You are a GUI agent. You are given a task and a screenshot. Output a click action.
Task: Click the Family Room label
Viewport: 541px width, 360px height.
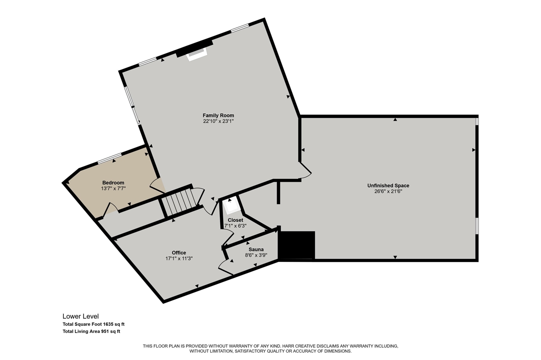point(219,115)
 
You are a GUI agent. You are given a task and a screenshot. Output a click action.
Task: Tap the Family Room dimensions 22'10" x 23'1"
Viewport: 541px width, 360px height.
point(219,121)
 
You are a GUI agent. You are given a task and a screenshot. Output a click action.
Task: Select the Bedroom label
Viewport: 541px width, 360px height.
point(113,183)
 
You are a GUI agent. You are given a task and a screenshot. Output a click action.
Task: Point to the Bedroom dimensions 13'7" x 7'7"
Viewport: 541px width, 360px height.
point(113,188)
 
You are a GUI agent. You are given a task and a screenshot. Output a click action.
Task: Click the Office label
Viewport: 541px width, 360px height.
point(179,253)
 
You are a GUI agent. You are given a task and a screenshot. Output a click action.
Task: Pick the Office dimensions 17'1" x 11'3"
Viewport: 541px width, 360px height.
point(179,259)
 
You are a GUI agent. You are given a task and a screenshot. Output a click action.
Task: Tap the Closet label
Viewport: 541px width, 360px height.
point(235,220)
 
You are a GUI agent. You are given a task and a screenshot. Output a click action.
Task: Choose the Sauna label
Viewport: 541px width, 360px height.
point(256,249)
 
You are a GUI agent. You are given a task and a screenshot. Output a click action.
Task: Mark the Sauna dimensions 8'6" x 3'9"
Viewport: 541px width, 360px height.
point(256,255)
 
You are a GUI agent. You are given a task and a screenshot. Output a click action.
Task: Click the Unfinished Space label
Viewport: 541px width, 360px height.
point(388,185)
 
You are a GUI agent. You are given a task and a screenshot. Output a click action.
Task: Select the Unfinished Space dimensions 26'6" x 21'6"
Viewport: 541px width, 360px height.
point(388,191)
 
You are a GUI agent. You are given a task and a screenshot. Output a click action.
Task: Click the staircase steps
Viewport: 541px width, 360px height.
point(179,202)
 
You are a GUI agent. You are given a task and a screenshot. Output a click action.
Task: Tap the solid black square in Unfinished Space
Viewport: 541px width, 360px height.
point(297,245)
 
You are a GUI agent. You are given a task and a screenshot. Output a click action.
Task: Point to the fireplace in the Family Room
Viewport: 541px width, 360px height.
point(197,55)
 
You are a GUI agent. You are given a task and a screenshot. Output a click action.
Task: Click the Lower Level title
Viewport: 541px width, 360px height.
point(81,316)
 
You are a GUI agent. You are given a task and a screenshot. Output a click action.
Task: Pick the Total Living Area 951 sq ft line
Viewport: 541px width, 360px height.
point(91,332)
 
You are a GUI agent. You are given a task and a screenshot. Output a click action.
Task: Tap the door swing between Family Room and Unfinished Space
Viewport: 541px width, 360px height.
point(306,170)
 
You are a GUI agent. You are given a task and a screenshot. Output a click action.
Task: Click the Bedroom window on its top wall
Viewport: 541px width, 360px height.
point(109,158)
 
